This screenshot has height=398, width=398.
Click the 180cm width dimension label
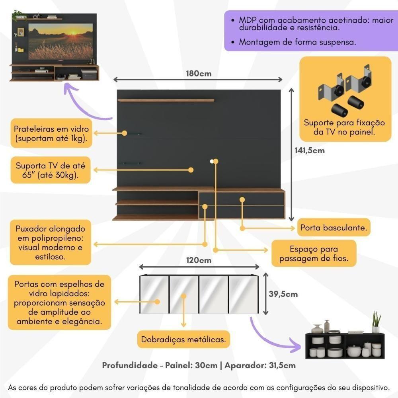198,74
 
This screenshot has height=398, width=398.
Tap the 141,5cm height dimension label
309,150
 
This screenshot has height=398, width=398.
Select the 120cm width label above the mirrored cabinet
199,261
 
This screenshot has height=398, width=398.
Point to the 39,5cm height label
283,294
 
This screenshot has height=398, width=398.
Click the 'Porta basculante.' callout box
334,228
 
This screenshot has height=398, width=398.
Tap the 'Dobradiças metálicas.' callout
183,340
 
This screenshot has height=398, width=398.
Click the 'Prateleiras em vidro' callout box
51,134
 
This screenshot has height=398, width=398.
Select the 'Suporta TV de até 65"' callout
51,170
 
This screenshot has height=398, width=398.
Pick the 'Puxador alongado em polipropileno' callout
51,243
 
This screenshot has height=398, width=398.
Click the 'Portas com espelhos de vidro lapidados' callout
59,302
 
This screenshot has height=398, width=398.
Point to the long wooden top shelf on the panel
166,100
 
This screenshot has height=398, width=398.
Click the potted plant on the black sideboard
376,322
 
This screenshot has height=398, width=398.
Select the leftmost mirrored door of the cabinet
154,295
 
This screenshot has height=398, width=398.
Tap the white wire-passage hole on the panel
212,161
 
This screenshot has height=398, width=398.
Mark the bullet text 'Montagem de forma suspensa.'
297,42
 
